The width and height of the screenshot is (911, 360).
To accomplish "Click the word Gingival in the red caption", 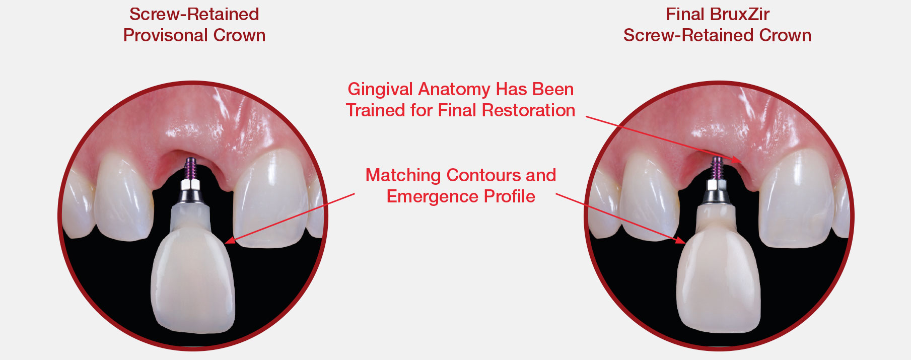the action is [380, 90].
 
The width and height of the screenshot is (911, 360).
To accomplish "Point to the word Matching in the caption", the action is [403, 175].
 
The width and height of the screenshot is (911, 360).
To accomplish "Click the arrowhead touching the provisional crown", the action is [230, 241].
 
